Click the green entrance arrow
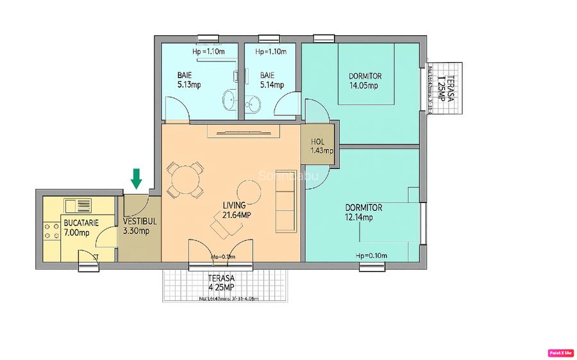click(136, 179)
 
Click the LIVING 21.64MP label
click(236, 210)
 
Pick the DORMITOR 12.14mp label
click(364, 212)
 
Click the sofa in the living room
click(285, 211)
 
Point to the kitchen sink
click(78, 205)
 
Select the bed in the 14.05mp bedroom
click(366, 74)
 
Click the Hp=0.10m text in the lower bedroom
click(371, 256)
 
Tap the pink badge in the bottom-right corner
click(560, 352)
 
